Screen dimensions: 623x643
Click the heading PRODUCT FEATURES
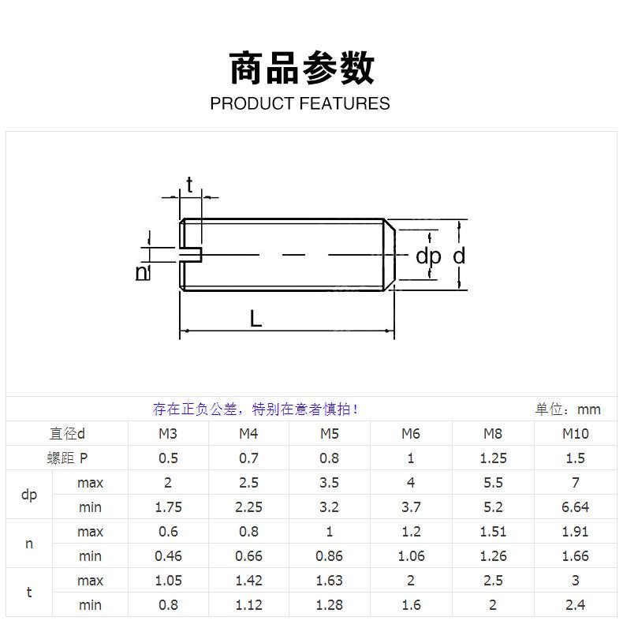click(300, 104)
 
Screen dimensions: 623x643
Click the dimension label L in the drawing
click(256, 319)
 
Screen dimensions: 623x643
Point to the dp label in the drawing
click(428, 256)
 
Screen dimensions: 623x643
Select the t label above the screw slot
click(189, 185)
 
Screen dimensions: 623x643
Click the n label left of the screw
click(142, 272)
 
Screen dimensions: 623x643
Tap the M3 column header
click(168, 433)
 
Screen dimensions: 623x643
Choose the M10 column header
click(575, 433)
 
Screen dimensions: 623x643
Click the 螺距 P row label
click(67, 458)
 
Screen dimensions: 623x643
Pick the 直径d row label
click(67, 433)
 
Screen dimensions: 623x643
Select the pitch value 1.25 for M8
click(493, 458)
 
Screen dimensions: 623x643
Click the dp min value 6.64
click(575, 507)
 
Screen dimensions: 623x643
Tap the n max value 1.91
click(575, 532)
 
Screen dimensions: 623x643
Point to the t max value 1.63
click(329, 581)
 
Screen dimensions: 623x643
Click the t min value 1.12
click(248, 605)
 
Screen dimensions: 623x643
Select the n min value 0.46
click(168, 556)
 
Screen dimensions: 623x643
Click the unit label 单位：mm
click(568, 409)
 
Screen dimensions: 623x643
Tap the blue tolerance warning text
click(256, 409)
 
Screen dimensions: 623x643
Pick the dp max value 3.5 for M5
click(329, 482)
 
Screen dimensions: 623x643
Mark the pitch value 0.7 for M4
click(248, 458)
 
